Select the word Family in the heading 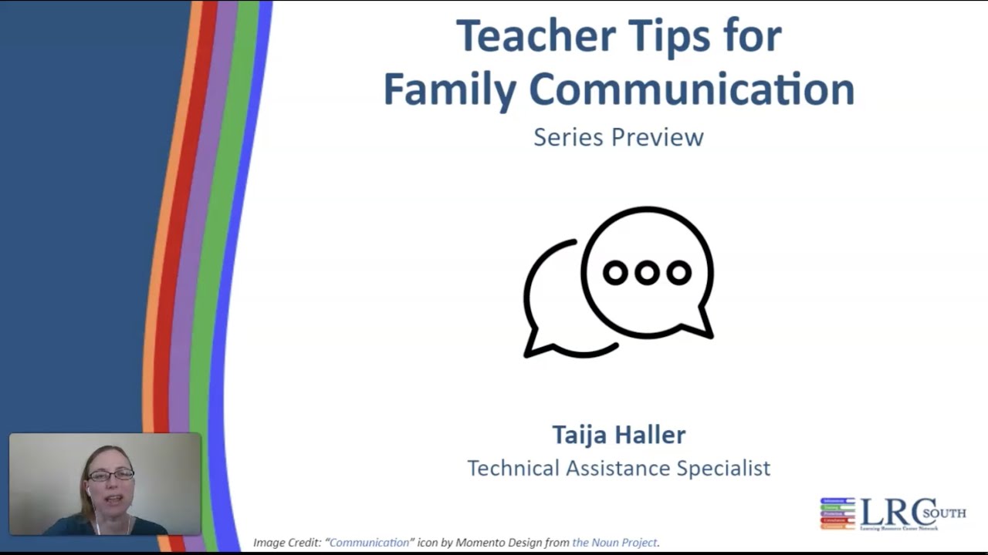point(449,89)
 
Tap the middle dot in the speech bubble point(647,272)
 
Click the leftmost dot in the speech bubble point(615,272)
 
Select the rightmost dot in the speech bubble point(678,272)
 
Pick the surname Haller point(651,435)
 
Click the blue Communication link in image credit point(369,543)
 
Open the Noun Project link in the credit point(614,543)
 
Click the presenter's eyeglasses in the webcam point(110,476)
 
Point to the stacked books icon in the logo point(837,513)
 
